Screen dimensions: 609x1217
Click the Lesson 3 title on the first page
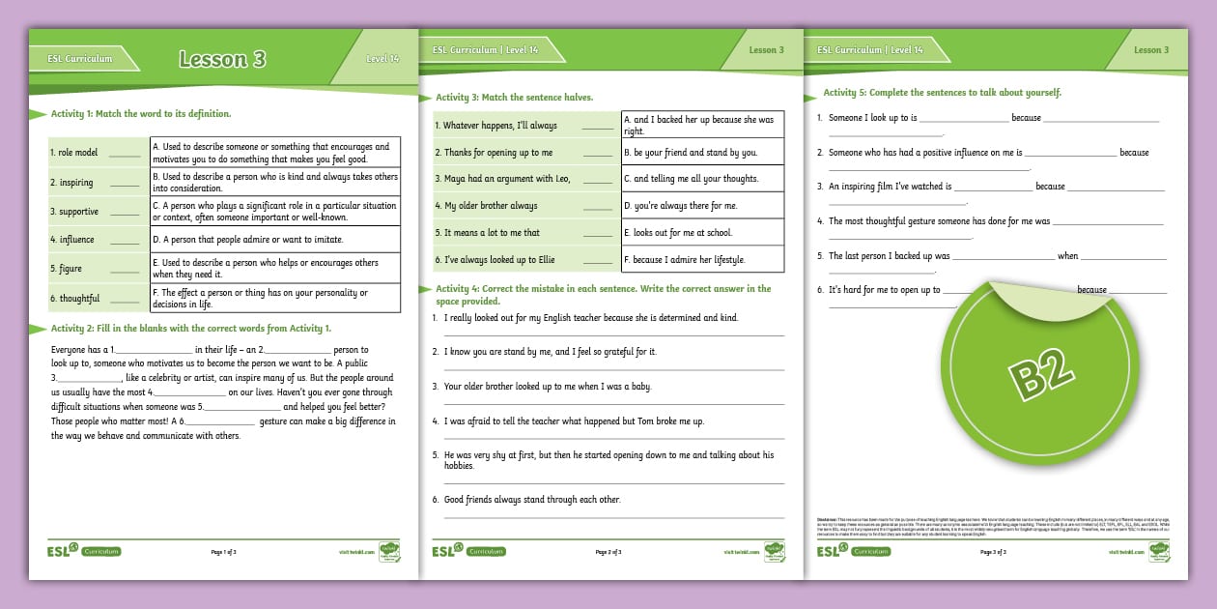pyautogui.click(x=222, y=59)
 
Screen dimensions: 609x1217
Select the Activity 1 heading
pyautogui.click(x=142, y=113)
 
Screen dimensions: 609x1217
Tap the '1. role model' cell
pyautogui.click(x=99, y=153)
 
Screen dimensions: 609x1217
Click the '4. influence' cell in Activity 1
pyautogui.click(x=99, y=239)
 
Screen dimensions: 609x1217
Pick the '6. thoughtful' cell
pyautogui.click(x=99, y=298)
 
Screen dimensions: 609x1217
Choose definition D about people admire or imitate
pyautogui.click(x=274, y=239)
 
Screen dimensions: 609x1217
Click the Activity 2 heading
pyautogui.click(x=190, y=329)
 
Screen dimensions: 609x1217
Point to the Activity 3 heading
pyautogui.click(x=514, y=98)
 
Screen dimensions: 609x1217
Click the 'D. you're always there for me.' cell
pyautogui.click(x=701, y=206)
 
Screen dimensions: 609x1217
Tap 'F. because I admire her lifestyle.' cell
pyautogui.click(x=701, y=259)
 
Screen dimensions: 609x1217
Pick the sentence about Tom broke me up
pyautogui.click(x=574, y=421)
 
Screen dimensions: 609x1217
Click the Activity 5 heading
pyautogui.click(x=942, y=93)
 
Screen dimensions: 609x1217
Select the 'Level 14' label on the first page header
pyautogui.click(x=382, y=59)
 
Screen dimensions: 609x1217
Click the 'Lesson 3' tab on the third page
pyautogui.click(x=1151, y=50)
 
